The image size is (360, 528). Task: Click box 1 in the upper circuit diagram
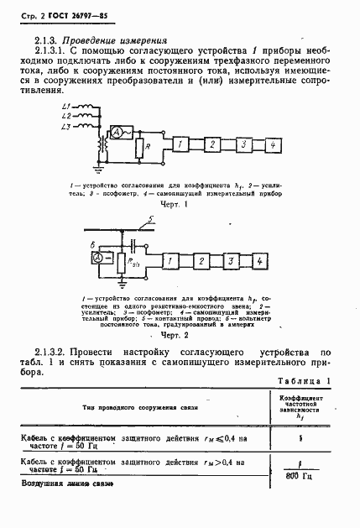(180, 145)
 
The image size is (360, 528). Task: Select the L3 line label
(66, 126)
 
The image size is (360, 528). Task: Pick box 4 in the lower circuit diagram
(261, 262)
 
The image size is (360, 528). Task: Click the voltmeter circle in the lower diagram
(99, 260)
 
